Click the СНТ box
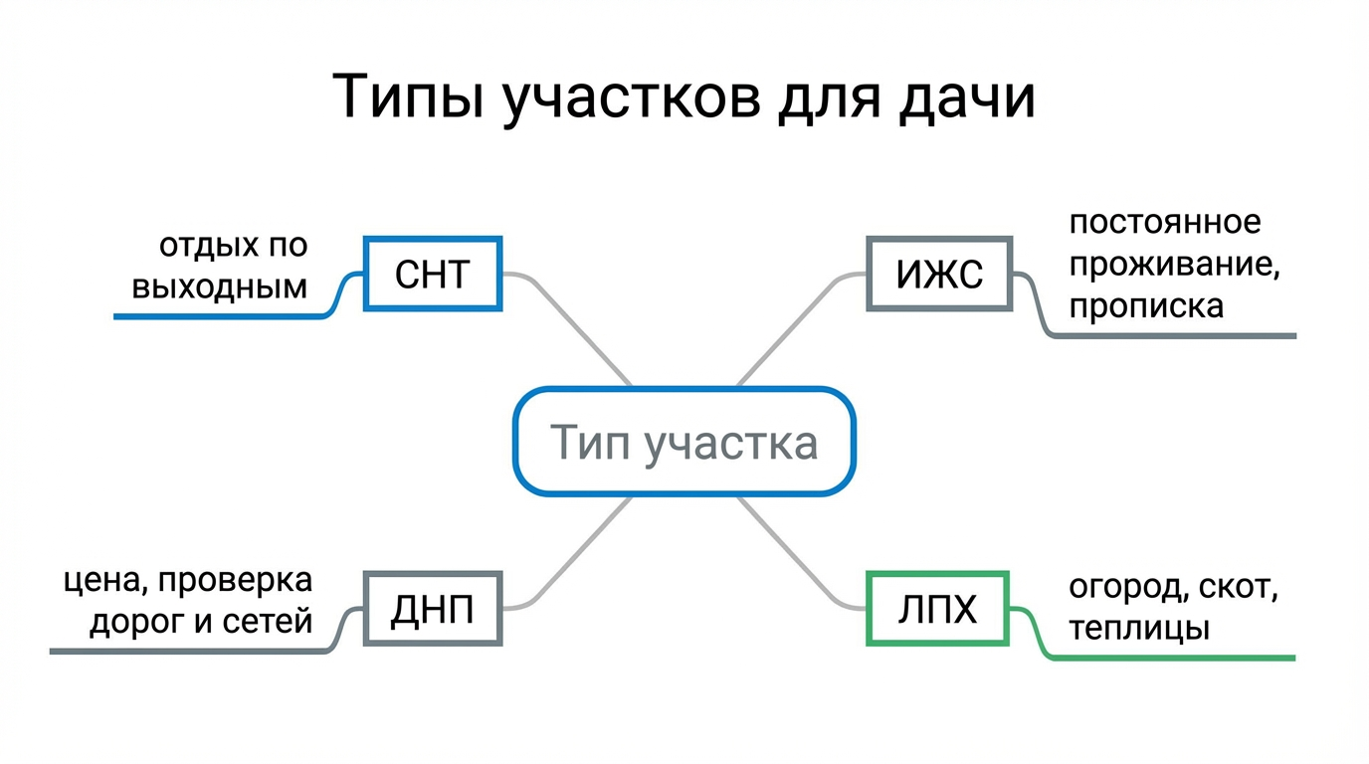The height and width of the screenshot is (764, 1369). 432,274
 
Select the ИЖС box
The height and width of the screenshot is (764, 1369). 938,274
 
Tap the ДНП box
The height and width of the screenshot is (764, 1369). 432,608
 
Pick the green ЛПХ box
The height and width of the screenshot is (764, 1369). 937,608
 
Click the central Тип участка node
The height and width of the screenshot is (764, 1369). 684,442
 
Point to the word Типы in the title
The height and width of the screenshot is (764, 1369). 408,97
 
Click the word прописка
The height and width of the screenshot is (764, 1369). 1146,305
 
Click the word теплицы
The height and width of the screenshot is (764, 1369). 1139,629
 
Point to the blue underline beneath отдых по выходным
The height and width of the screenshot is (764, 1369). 219,316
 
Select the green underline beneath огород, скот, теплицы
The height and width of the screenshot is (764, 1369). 1174,658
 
